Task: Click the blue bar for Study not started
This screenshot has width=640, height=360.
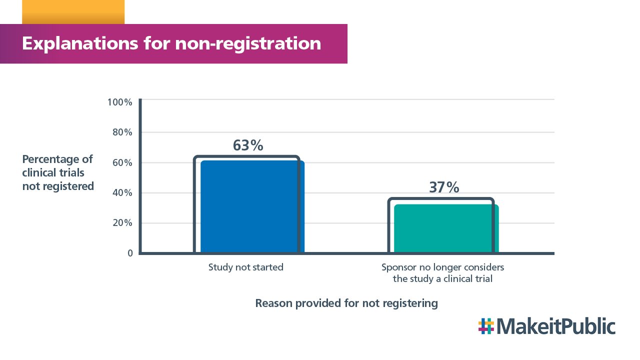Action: pyautogui.click(x=251, y=206)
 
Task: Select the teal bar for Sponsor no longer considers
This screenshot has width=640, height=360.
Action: pyautogui.click(x=445, y=228)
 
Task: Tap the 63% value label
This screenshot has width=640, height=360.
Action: pyautogui.click(x=248, y=145)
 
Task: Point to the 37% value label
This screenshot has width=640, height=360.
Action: pyautogui.click(x=444, y=187)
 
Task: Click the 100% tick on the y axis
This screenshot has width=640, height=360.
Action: pyautogui.click(x=120, y=102)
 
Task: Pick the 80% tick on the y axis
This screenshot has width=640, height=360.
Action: pyautogui.click(x=121, y=132)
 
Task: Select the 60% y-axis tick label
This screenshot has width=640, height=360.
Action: pyautogui.click(x=121, y=163)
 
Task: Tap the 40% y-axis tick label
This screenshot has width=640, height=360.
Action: pyautogui.click(x=121, y=193)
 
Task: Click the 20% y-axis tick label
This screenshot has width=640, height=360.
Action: pyautogui.click(x=121, y=223)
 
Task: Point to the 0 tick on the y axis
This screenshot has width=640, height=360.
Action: pyautogui.click(x=130, y=253)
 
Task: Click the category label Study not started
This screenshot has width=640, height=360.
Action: pyautogui.click(x=246, y=267)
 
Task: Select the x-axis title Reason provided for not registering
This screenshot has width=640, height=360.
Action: pyautogui.click(x=346, y=303)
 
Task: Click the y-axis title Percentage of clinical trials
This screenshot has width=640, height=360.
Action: pyautogui.click(x=58, y=172)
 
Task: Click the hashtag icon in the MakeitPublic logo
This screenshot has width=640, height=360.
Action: pyautogui.click(x=485, y=326)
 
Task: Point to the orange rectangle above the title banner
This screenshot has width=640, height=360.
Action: pyautogui.click(x=73, y=12)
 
